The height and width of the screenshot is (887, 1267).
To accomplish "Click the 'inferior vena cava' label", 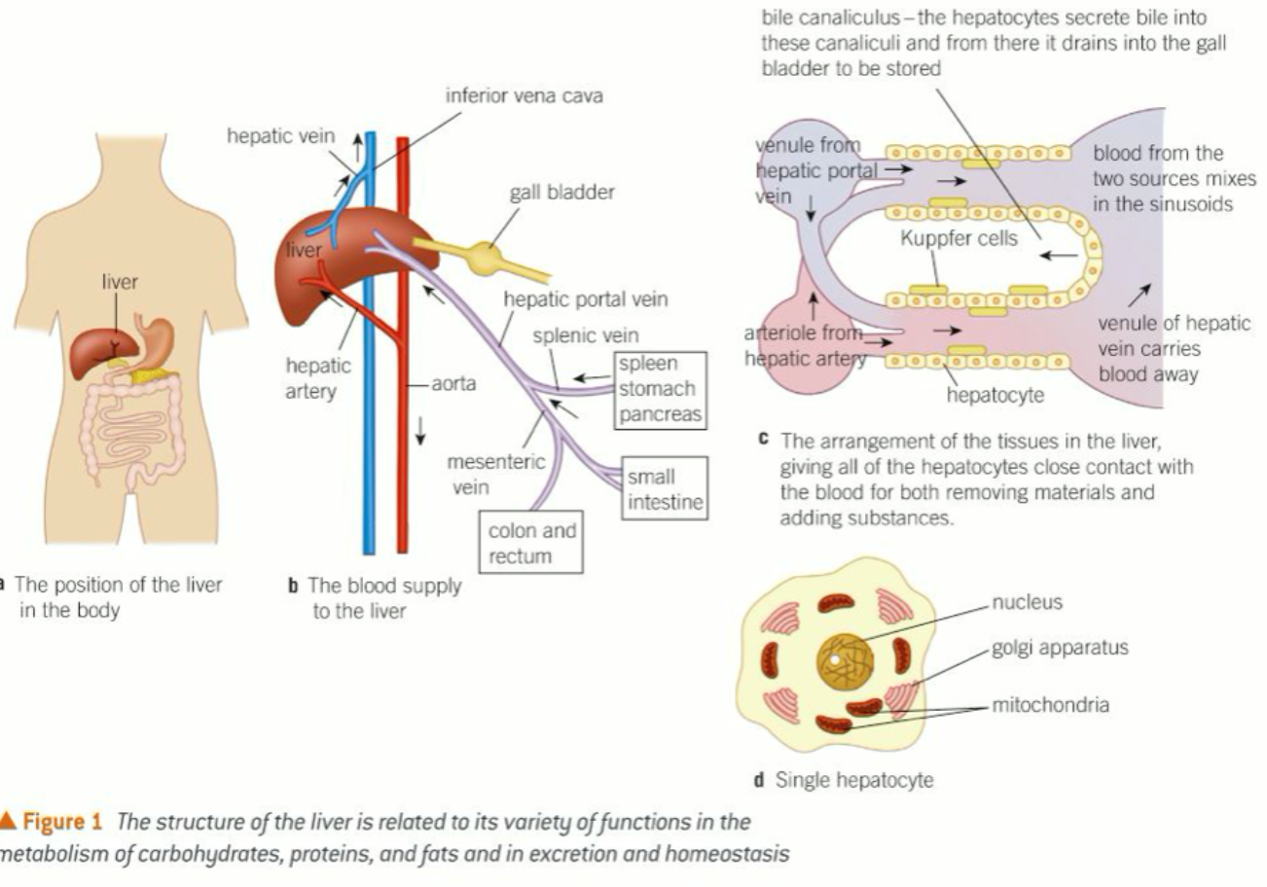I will point(524,96).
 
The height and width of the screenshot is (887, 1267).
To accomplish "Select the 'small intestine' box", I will point(665,490).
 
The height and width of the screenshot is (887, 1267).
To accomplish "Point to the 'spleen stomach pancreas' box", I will point(657,389).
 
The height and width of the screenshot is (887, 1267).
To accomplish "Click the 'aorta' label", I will point(453,383).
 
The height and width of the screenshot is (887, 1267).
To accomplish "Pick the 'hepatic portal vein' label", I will point(586,300).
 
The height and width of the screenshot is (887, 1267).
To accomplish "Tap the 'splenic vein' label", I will point(586,336).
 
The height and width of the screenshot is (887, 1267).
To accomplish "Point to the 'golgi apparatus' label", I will point(1060,648).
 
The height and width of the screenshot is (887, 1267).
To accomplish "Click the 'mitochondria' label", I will point(1050,705).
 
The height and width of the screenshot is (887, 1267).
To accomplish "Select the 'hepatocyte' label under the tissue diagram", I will point(995,395).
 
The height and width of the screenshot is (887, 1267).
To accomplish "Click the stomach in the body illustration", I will point(156,336).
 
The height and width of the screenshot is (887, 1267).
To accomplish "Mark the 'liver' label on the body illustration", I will point(120,283).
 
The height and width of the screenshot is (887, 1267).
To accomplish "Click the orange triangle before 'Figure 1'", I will point(9,822).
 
